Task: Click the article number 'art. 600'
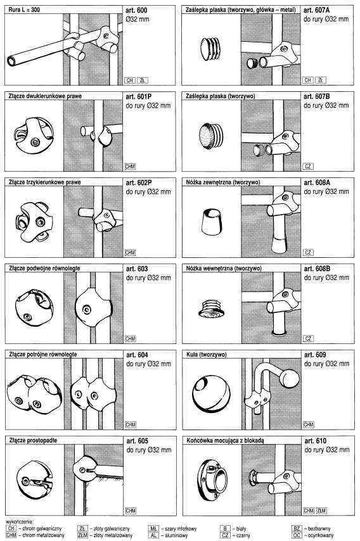point(137,10)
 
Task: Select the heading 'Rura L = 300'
point(24,10)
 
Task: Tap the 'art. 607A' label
point(316,10)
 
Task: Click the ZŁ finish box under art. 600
point(142,80)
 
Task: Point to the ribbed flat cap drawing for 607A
point(210,49)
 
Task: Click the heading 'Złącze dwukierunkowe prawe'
point(45,96)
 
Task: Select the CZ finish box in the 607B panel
point(308,167)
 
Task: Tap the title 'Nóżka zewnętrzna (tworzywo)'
point(223,182)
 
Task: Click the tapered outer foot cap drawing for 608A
point(211,222)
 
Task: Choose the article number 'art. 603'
point(137,269)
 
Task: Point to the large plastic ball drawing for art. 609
point(211,393)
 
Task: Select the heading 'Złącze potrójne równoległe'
point(43,354)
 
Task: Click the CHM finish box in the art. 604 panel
point(131,424)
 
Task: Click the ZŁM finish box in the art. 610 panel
point(321,511)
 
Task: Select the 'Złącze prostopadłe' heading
point(33,440)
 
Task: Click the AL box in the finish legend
point(153,535)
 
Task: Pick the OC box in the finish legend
point(297,535)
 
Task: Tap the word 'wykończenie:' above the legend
point(20,523)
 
